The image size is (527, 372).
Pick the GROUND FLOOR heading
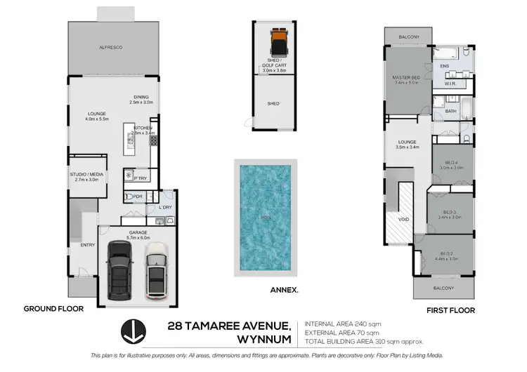pos(53,308)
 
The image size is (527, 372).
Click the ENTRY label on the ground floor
pos(88,245)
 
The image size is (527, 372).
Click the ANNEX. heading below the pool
pos(284,288)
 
